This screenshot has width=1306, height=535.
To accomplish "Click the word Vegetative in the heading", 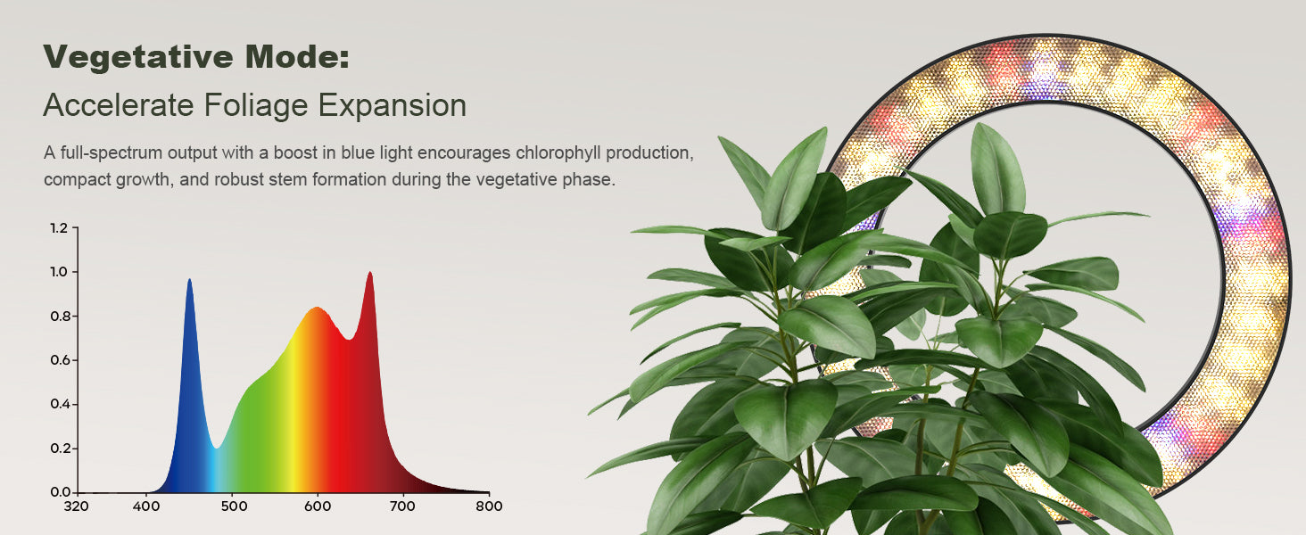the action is click(x=138, y=56).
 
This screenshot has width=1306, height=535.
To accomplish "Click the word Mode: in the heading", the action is click(x=297, y=56).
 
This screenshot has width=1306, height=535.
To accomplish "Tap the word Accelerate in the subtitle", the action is click(x=119, y=105).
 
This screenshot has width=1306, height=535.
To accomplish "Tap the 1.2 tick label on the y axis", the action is click(x=59, y=228).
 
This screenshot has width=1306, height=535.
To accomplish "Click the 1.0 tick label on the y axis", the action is click(x=59, y=272).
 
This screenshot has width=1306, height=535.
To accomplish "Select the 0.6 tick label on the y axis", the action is click(x=59, y=360).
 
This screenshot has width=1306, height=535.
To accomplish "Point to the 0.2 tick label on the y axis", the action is click(x=59, y=449).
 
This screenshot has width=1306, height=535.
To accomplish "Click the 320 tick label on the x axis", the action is click(x=77, y=506).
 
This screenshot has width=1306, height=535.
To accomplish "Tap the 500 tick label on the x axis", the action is click(x=234, y=506).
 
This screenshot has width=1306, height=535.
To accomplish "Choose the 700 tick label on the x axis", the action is click(x=402, y=506).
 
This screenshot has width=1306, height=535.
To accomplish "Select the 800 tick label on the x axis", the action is click(x=489, y=506).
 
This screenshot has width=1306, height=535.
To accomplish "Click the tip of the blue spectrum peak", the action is click(x=189, y=280).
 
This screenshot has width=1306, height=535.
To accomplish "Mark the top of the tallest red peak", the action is click(x=369, y=273).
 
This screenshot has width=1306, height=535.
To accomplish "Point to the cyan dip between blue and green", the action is click(x=216, y=448).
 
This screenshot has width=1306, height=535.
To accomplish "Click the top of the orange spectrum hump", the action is click(x=317, y=308).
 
